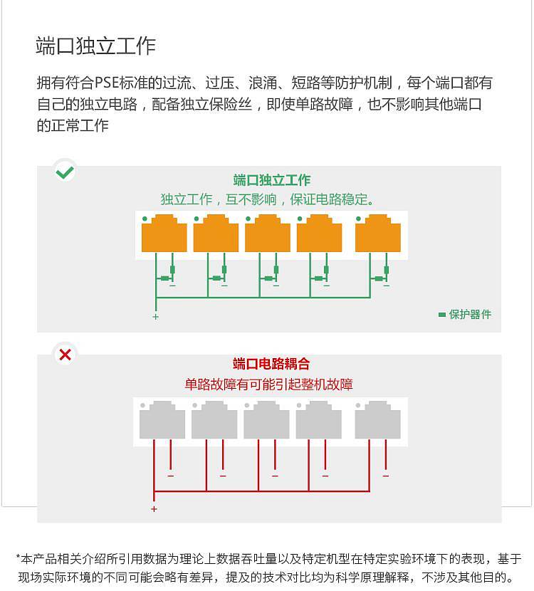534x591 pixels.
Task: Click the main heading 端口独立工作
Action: [95, 46]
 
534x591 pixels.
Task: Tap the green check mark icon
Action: [65, 172]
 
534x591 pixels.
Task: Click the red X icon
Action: [66, 355]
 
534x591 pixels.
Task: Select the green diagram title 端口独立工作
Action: [271, 179]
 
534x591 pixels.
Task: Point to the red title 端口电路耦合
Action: [271, 364]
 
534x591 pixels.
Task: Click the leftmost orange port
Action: [164, 234]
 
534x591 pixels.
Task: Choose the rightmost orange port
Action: [377, 234]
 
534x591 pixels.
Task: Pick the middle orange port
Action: [268, 234]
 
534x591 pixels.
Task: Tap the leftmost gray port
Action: [162, 420]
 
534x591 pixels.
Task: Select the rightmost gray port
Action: [377, 420]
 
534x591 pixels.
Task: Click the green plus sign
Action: [156, 317]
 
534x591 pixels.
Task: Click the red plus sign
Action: [154, 509]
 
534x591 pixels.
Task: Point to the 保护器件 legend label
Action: [470, 314]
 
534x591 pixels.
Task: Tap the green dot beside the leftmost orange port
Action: [145, 219]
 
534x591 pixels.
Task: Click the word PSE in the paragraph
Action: [106, 83]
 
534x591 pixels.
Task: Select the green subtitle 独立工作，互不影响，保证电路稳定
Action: [267, 199]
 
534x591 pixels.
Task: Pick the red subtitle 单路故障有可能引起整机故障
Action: [268, 385]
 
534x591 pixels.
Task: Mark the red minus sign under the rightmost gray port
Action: [385, 476]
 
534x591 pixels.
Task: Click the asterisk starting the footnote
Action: [18, 557]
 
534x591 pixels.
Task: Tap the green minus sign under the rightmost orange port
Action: [387, 286]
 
